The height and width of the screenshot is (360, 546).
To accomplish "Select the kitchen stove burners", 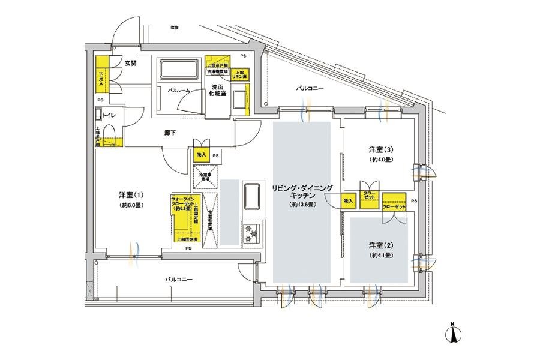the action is point(251,230).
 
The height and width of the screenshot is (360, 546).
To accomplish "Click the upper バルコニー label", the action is point(310,88).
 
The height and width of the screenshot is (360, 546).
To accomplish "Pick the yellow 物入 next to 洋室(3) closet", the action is point(348,200).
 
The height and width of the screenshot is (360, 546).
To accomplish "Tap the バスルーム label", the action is point(178,90).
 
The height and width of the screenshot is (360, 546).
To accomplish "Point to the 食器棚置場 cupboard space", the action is point(210,220).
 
